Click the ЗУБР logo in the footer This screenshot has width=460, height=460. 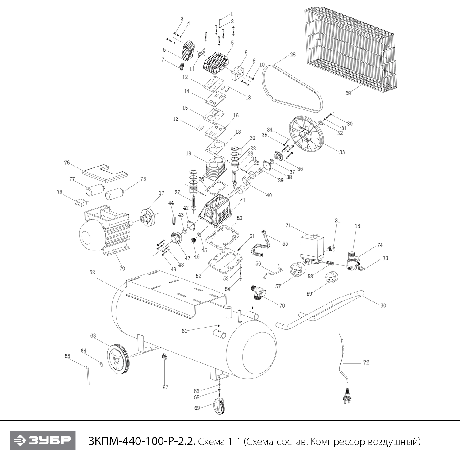tap(42, 441)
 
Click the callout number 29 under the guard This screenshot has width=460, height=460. tap(348, 93)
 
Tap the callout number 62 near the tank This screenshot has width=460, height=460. tap(92, 272)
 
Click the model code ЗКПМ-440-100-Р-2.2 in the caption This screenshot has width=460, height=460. tap(141, 442)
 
